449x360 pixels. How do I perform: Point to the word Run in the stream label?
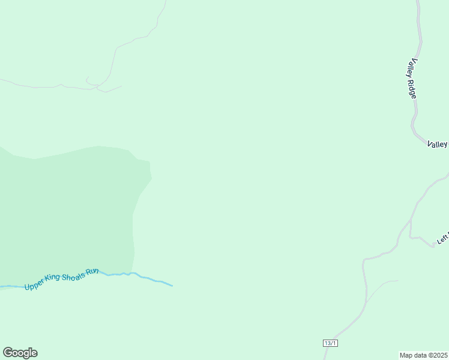(92, 272)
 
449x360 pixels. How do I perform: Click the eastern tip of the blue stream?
(172, 285)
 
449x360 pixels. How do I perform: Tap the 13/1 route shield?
(330, 343)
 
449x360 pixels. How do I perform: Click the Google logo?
(20, 353)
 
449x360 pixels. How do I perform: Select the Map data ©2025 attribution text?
(423, 355)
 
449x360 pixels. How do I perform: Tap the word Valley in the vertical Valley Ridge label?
(412, 68)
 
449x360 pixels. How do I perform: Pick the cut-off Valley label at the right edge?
(438, 144)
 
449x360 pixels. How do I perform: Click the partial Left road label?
(442, 238)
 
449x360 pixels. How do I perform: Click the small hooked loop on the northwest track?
(89, 80)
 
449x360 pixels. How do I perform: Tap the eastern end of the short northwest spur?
(122, 86)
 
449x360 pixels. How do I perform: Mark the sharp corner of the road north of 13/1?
(364, 260)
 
